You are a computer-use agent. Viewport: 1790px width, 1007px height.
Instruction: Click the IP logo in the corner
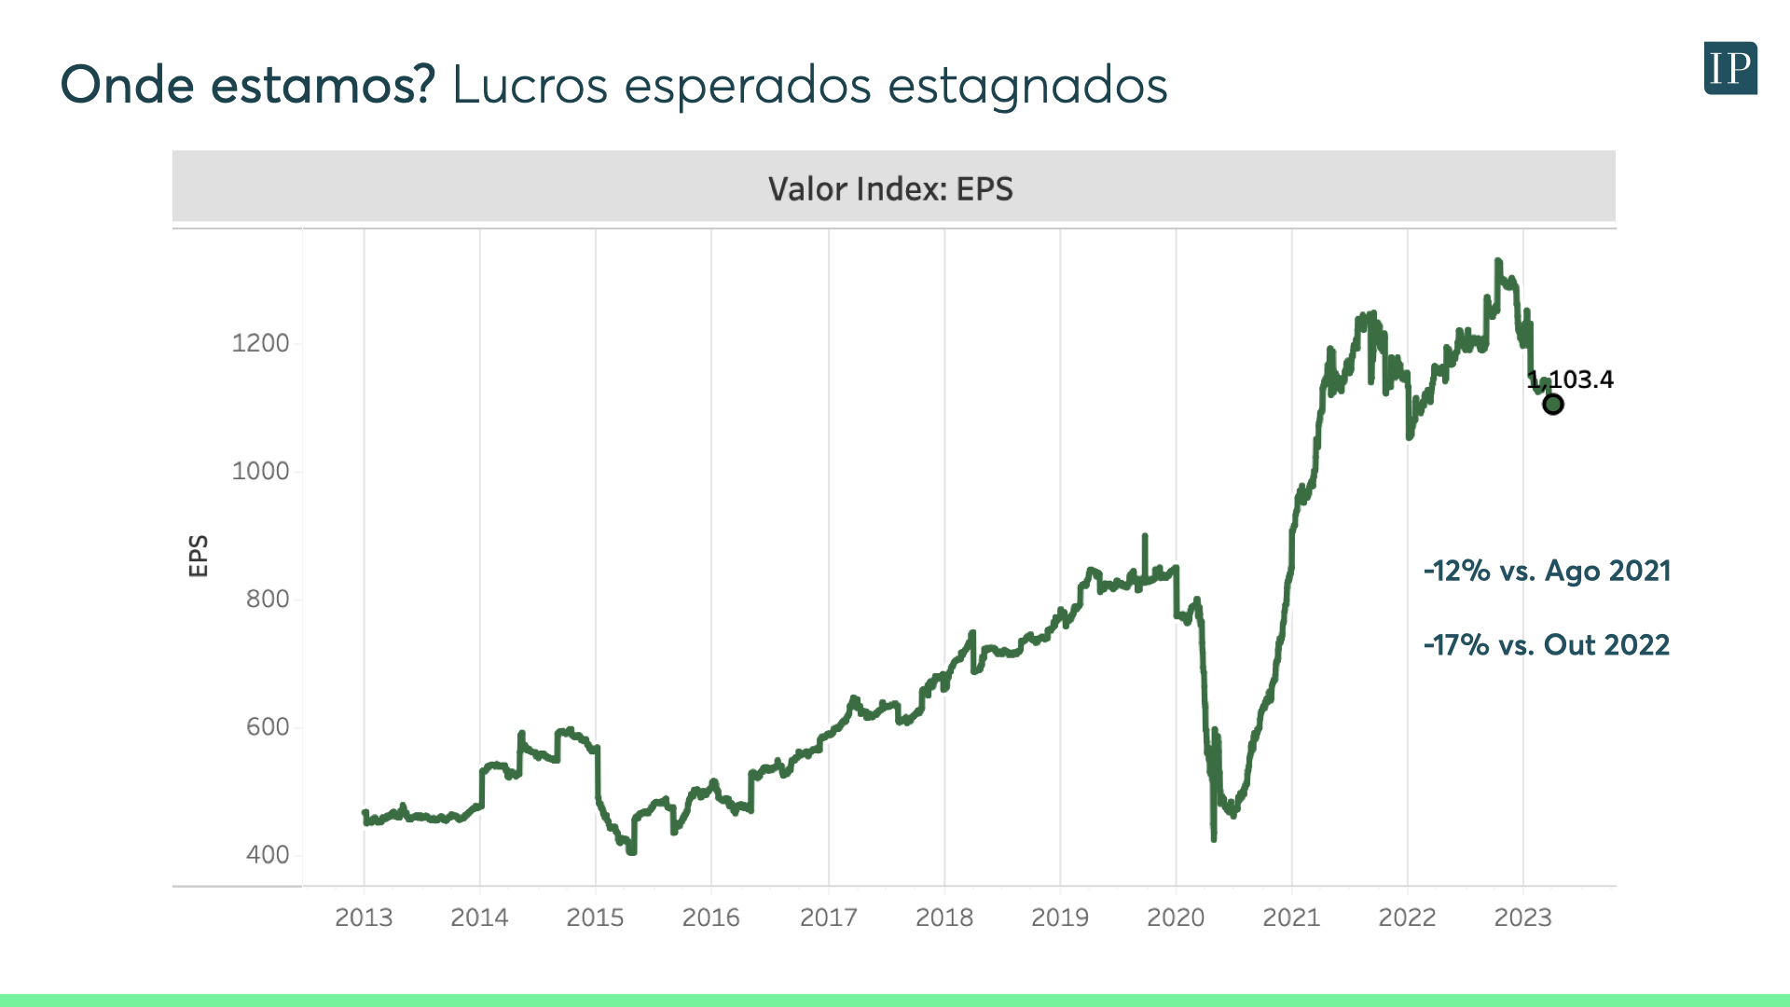pos(1730,68)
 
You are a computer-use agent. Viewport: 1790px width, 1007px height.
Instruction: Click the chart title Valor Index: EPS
pos(890,189)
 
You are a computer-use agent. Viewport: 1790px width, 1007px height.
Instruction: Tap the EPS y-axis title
pos(199,556)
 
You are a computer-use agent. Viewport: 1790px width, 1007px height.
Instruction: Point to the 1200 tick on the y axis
pos(260,343)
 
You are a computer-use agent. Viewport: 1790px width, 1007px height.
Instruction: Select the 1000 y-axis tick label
pos(260,471)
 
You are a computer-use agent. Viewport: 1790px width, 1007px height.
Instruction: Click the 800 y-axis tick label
pos(268,599)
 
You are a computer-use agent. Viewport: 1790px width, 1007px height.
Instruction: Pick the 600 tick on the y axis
pos(268,726)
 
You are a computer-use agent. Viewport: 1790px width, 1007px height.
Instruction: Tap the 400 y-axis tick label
pos(268,854)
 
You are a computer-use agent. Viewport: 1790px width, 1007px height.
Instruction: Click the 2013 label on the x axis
pos(364,917)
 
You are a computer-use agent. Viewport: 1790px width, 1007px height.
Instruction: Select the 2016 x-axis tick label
pos(711,917)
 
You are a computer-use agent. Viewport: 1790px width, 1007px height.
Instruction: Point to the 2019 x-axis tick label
pos(1060,917)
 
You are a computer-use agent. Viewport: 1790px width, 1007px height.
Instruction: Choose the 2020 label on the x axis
pos(1176,917)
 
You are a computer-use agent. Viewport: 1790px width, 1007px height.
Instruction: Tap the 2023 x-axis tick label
pos(1523,917)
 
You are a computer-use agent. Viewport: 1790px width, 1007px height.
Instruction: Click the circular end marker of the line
pos(1552,405)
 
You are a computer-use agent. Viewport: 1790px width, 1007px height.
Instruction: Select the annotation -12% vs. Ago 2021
pos(1547,571)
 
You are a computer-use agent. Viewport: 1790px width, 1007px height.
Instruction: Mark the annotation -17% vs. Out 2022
pos(1547,644)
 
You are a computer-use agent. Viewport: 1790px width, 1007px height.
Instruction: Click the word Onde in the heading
pos(127,85)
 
